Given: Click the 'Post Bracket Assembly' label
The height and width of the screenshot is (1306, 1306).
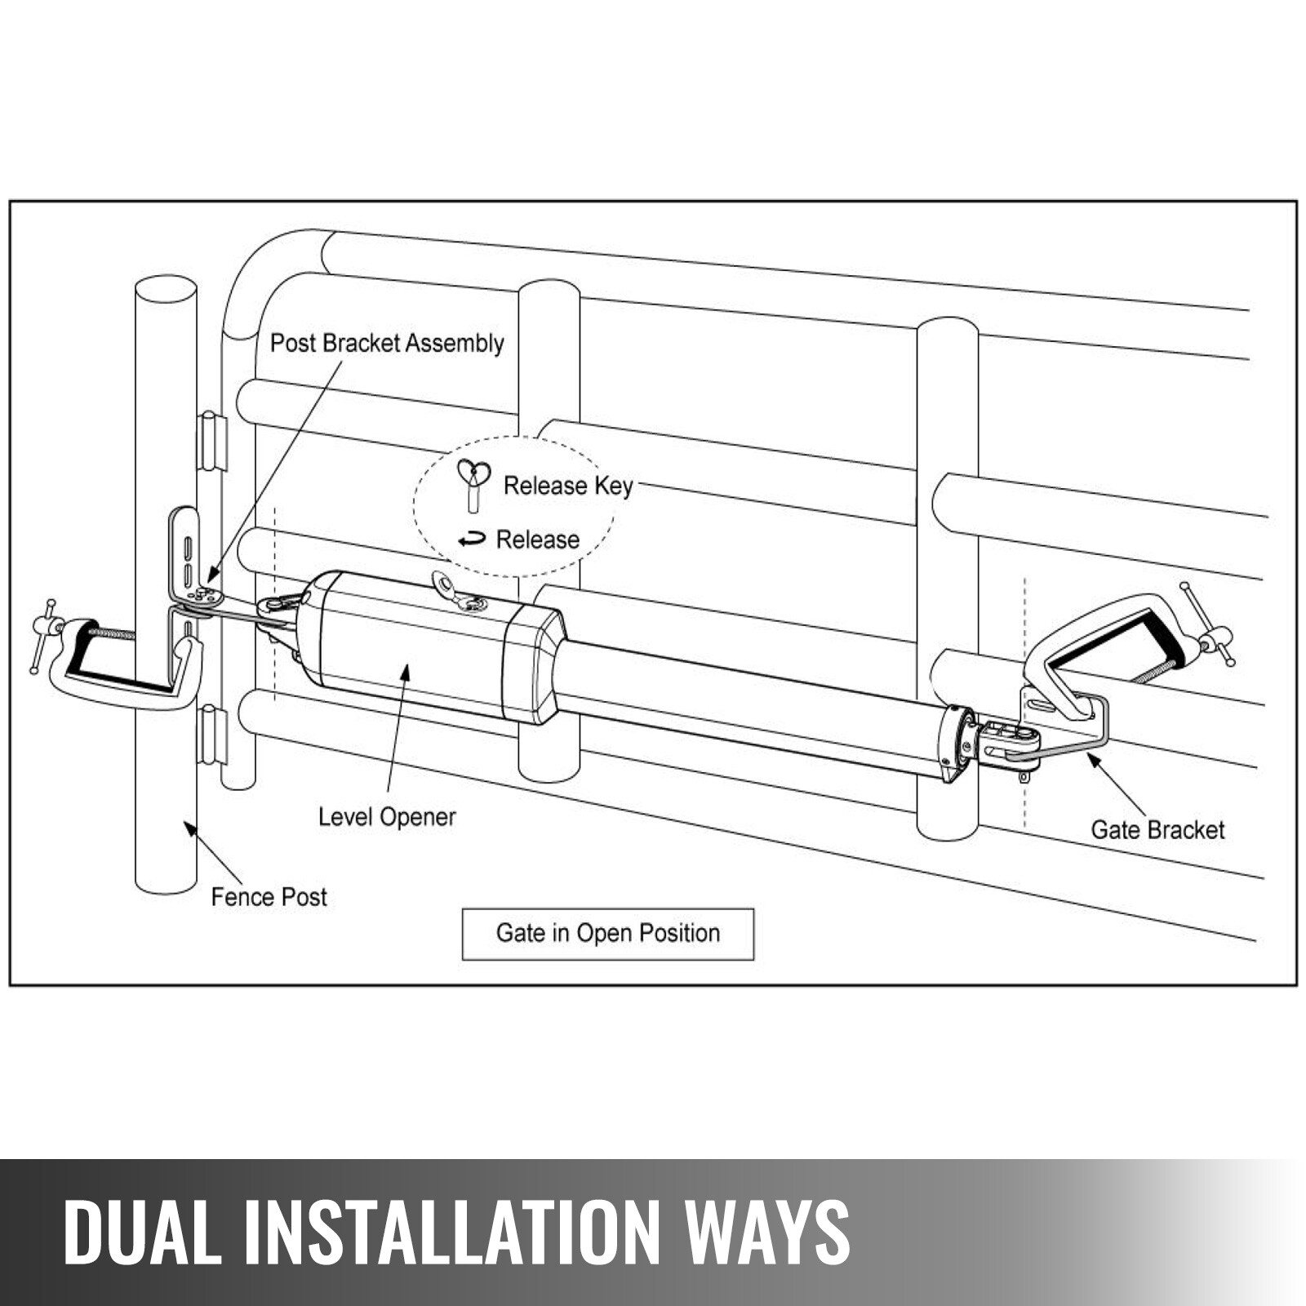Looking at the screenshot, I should pyautogui.click(x=387, y=344).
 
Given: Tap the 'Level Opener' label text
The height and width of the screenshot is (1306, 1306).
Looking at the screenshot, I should pyautogui.click(x=387, y=817).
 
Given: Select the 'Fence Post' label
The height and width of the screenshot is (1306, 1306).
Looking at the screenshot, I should pyautogui.click(x=269, y=897).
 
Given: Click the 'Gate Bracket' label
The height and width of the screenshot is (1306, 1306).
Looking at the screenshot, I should pyautogui.click(x=1157, y=830).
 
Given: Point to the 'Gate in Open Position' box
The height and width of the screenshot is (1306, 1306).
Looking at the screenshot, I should pyautogui.click(x=607, y=934).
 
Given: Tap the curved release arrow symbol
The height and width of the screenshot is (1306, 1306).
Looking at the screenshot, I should pyautogui.click(x=472, y=540).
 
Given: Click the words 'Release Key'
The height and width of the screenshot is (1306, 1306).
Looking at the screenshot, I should pyautogui.click(x=568, y=486).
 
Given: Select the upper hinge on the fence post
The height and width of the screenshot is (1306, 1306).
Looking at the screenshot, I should pyautogui.click(x=212, y=442).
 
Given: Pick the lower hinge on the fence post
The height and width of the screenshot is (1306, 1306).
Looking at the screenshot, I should pyautogui.click(x=212, y=735).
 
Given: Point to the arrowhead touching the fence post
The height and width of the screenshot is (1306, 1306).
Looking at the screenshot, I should pyautogui.click(x=191, y=829).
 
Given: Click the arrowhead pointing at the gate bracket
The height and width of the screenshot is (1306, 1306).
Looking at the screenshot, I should pyautogui.click(x=1093, y=760).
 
